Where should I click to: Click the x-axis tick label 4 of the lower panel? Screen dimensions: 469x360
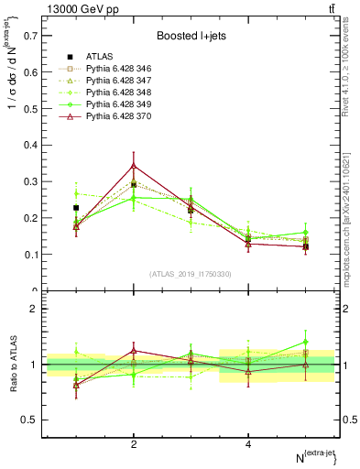pos(248,444)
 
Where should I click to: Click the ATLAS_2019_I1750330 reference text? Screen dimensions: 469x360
pos(191,274)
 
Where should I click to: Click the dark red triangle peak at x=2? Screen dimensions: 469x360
pos(134,166)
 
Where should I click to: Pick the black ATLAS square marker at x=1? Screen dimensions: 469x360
pos(76,208)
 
